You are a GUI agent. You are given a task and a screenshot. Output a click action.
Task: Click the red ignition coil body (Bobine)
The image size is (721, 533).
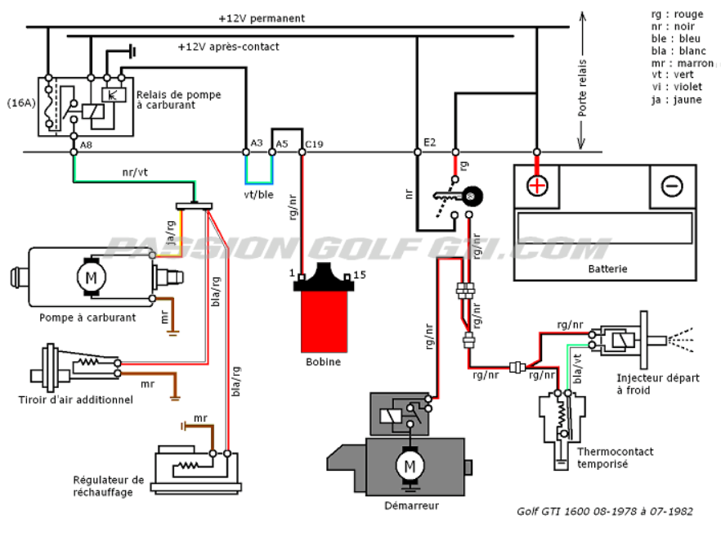tap(324, 321)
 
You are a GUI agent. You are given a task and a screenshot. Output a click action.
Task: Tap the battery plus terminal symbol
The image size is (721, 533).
tap(536, 186)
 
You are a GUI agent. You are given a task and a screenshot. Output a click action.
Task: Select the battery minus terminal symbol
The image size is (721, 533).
tap(672, 186)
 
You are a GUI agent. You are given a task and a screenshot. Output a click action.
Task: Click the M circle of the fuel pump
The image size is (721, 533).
tap(91, 278)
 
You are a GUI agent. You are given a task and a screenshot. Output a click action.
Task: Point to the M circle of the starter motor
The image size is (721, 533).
tap(410, 466)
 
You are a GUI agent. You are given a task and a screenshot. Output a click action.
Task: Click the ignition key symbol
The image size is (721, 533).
tap(459, 196)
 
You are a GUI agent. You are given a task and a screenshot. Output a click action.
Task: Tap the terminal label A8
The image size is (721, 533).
tap(86, 145)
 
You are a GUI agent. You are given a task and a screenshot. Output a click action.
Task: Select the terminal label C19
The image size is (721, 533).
tap(315, 144)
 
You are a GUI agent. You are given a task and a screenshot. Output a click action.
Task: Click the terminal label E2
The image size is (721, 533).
tap(429, 142)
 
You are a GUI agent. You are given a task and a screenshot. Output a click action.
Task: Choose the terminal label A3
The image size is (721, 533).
tap(257, 142)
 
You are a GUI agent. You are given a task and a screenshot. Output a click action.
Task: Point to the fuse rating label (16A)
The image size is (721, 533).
tap(21, 102)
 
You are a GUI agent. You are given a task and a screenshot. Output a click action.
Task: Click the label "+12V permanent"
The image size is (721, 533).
tap(262, 19)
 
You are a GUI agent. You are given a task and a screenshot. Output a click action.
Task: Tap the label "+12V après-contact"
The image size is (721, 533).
tap(229, 47)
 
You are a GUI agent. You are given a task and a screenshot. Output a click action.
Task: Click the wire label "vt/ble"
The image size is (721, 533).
tap(259, 195)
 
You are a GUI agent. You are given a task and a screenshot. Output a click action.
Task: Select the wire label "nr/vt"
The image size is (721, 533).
tap(135, 172)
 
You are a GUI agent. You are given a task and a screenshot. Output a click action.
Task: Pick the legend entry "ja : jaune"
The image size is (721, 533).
tap(676, 100)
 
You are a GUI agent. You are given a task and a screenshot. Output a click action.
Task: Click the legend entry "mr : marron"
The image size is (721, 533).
tap(683, 63)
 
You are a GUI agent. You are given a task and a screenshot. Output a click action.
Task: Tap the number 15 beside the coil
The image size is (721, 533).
tap(360, 275)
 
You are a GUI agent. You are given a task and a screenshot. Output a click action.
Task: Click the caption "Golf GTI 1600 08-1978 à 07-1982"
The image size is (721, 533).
tap(605, 512)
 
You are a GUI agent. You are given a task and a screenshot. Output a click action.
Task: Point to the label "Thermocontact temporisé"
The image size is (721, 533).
tap(616, 458)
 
